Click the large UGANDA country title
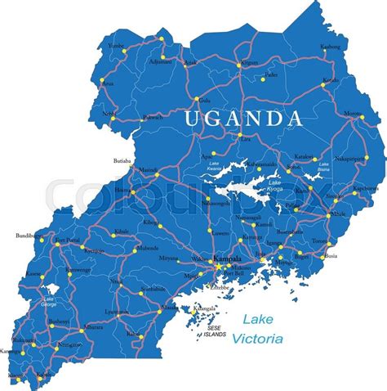[x=243, y=119]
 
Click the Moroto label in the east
[x=353, y=113]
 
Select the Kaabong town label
[x=331, y=47]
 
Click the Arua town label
[x=107, y=83]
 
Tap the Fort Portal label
[x=68, y=240]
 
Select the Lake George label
[x=48, y=302]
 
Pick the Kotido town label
[x=330, y=80]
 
